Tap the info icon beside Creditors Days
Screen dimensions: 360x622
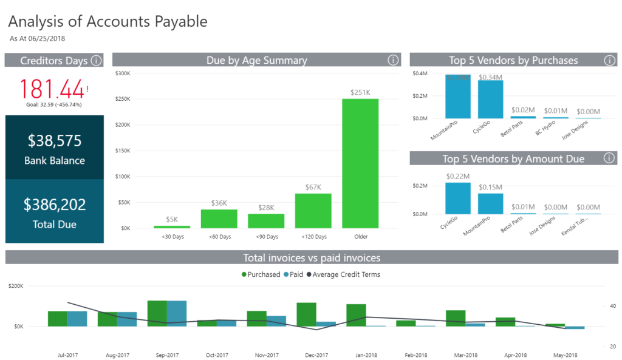(x=97, y=60)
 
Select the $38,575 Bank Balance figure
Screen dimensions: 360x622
(x=55, y=141)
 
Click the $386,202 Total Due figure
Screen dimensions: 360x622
(x=55, y=205)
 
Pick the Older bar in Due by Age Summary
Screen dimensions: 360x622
(x=360, y=163)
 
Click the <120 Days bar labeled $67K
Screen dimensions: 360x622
(x=313, y=211)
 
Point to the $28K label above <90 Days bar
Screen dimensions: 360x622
(x=266, y=207)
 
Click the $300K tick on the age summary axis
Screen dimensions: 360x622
(x=122, y=73)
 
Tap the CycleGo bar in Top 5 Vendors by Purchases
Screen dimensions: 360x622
(x=490, y=100)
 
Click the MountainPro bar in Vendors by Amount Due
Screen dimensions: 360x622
(x=490, y=203)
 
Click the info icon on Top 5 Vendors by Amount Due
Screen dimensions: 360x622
(x=609, y=158)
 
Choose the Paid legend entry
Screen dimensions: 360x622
(x=293, y=274)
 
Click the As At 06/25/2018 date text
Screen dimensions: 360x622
(x=37, y=38)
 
